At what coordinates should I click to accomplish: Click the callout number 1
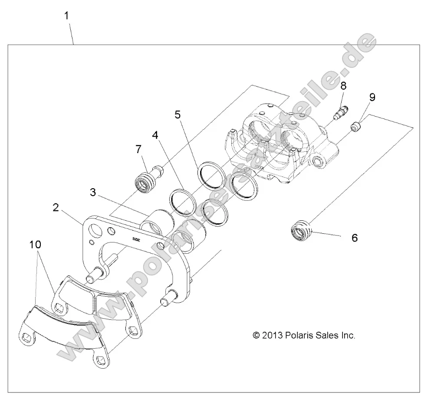click(x=66, y=16)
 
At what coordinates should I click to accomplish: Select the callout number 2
click(x=56, y=207)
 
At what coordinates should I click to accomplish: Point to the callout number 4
click(x=155, y=135)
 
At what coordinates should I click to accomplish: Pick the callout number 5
click(x=178, y=114)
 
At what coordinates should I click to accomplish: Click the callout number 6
click(x=354, y=238)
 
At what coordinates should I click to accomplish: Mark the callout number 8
click(x=343, y=85)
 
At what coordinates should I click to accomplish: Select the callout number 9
click(x=372, y=97)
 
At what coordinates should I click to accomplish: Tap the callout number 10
click(x=36, y=245)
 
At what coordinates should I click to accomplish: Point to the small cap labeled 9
click(x=356, y=127)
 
